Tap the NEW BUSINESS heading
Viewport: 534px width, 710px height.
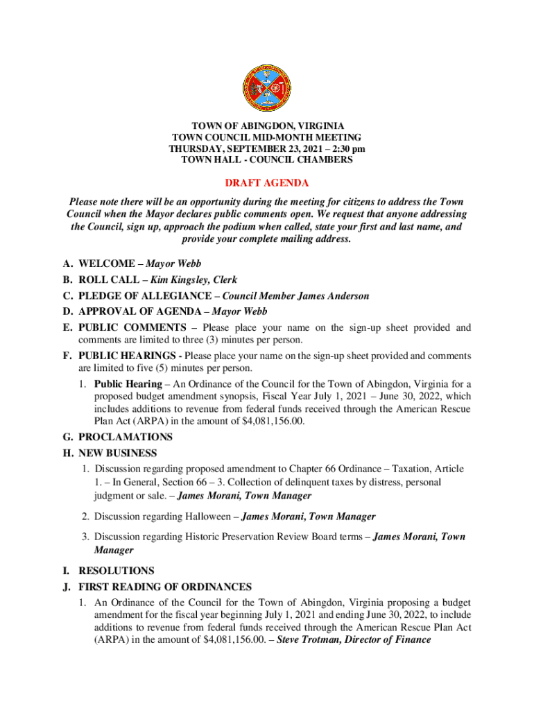pyautogui.click(x=117, y=453)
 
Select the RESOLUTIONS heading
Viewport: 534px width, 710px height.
pyautogui.click(x=117, y=571)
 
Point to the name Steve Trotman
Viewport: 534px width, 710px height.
pyautogui.click(x=307, y=640)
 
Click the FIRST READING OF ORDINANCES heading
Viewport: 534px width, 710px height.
pyautogui.click(x=165, y=587)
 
